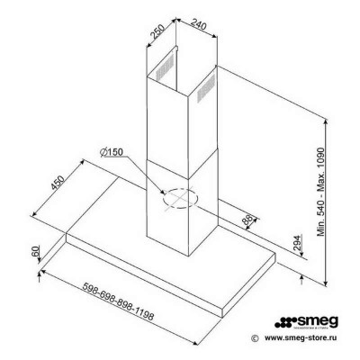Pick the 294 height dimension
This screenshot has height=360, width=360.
pyautogui.click(x=297, y=242)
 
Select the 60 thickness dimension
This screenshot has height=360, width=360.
pyautogui.click(x=37, y=253)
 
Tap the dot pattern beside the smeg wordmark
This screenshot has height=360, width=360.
pyautogui.click(x=284, y=320)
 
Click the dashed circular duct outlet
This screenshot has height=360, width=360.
pyautogui.click(x=180, y=196)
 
